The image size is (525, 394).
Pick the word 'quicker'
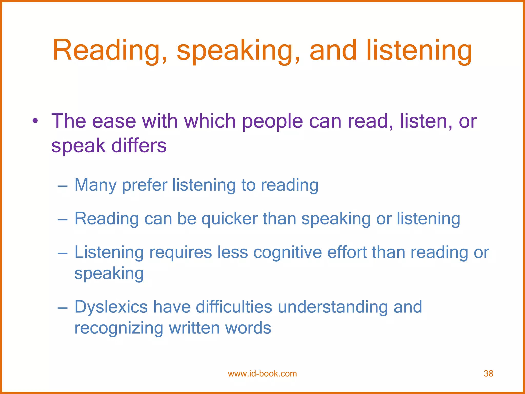click(229, 219)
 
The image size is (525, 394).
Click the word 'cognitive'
click(287, 252)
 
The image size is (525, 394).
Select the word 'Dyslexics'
click(111, 307)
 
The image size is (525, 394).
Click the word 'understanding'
click(333, 307)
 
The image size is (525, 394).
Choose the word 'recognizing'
click(119, 328)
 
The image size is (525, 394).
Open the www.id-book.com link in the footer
click(262, 373)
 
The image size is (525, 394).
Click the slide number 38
click(488, 373)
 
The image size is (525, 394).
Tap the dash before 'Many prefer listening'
click(63, 185)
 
